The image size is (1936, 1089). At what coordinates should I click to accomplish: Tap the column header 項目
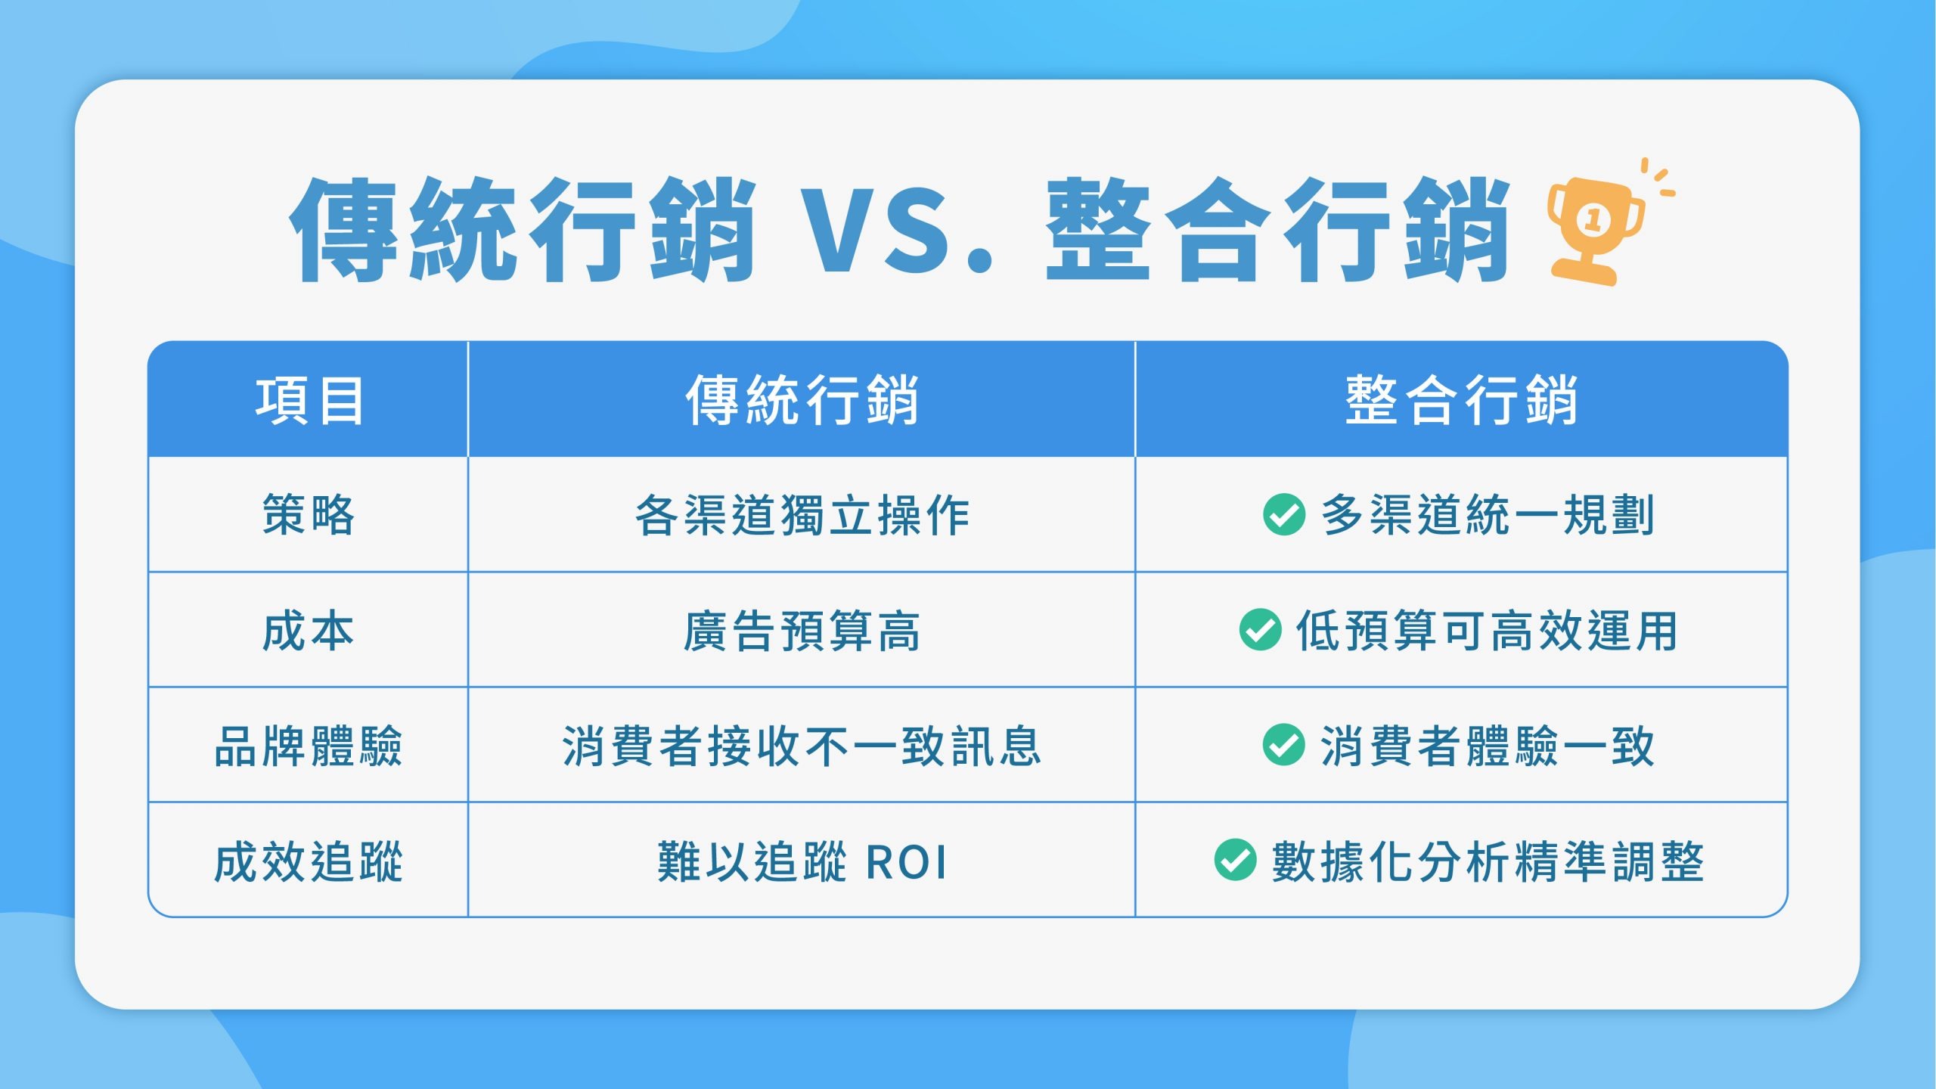click(309, 401)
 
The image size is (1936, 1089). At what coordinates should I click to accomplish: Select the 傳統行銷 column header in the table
click(802, 400)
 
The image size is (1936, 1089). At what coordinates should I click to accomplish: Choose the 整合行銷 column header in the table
click(1461, 400)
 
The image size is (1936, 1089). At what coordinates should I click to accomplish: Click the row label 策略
click(309, 515)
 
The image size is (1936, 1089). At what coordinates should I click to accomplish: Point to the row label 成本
click(309, 631)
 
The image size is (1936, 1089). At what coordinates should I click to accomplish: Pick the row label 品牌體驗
click(309, 746)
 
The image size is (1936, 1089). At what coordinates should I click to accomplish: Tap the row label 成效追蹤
click(309, 861)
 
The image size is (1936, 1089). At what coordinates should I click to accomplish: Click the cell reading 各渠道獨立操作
click(802, 515)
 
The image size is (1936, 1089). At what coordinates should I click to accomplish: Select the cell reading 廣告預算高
click(802, 631)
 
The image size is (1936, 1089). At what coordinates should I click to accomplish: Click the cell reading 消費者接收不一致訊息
click(802, 746)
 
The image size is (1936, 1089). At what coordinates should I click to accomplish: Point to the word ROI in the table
click(905, 862)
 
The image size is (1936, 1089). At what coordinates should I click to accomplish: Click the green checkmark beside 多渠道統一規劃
click(1284, 514)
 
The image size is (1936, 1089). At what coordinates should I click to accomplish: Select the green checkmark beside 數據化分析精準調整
click(1236, 860)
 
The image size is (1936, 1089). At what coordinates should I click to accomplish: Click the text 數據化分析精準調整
click(1488, 861)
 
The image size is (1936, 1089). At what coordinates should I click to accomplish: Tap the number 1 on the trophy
click(1593, 220)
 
